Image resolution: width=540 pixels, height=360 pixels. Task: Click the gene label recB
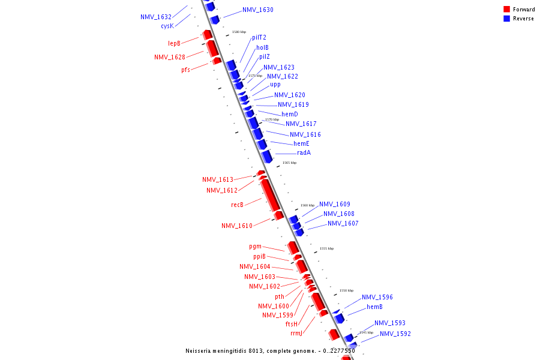click(238, 205)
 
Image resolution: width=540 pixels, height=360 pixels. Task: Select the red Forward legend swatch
click(507, 10)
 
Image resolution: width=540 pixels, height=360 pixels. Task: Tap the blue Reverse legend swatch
click(507, 19)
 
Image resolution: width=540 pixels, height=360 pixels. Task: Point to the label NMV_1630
click(258, 10)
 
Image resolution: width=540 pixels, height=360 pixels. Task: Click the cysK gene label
click(167, 26)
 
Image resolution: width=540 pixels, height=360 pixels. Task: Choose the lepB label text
click(174, 43)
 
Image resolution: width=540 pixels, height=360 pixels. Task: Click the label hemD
click(290, 114)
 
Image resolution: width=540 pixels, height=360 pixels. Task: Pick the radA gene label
click(304, 152)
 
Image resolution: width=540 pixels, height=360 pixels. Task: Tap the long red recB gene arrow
click(270, 196)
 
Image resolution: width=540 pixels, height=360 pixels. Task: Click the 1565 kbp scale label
click(290, 163)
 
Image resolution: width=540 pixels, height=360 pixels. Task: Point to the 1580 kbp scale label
click(239, 32)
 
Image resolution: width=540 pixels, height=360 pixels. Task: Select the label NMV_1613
click(218, 179)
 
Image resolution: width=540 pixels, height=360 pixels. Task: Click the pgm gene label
click(256, 246)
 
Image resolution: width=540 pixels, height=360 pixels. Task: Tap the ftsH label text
click(292, 324)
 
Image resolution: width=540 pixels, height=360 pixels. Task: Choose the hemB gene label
click(375, 307)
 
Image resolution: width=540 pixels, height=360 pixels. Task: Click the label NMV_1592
click(395, 334)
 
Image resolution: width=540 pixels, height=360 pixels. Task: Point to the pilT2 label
click(259, 37)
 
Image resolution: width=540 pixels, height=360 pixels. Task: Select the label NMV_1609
click(335, 204)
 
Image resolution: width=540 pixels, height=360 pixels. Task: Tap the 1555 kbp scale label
click(326, 248)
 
